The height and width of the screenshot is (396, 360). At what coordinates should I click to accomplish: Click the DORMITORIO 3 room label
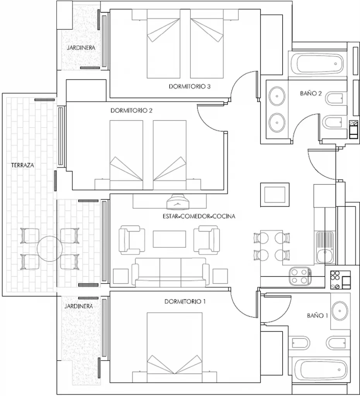(x=190, y=86)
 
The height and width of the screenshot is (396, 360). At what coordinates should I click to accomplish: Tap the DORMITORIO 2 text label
(x=132, y=110)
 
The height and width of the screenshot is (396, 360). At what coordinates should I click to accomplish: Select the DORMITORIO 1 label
(x=185, y=301)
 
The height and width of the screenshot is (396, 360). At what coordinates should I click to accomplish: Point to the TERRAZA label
(x=22, y=165)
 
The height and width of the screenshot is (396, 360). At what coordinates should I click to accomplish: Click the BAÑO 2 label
(x=311, y=93)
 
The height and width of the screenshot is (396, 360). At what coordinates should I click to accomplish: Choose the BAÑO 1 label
(x=317, y=316)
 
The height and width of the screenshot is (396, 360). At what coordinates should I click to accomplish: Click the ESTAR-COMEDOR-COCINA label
(x=199, y=216)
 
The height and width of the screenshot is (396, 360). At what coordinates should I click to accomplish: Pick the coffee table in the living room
(x=169, y=239)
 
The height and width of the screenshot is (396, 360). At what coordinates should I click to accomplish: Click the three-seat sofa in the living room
(x=170, y=272)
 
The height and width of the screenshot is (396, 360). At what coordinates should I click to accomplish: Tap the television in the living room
(x=178, y=201)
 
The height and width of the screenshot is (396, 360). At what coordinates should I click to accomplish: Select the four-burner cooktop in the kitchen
(x=300, y=276)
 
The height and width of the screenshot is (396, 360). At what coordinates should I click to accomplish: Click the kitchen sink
(x=325, y=247)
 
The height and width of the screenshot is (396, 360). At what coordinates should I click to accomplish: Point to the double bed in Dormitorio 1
(x=175, y=348)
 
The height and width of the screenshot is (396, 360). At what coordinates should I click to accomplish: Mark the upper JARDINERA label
(x=81, y=48)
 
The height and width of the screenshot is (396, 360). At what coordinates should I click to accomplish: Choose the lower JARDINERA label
(x=79, y=306)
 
